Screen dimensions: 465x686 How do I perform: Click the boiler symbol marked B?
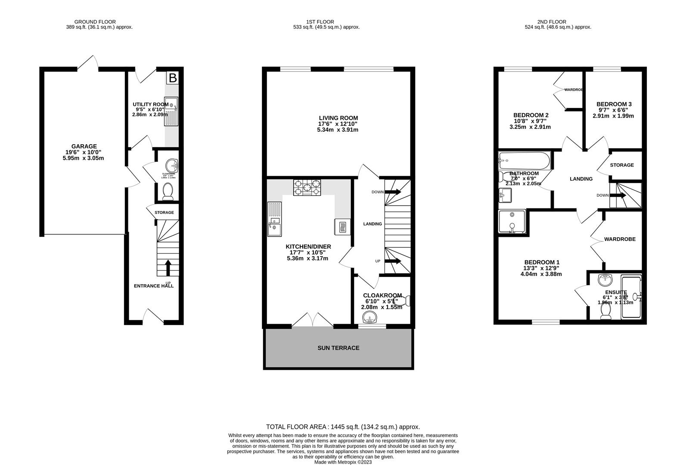tap(173, 78)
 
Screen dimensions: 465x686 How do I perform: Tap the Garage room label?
tap(84, 146)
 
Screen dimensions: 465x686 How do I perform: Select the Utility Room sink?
tap(171, 113)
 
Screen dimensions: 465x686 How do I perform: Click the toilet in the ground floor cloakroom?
tap(168, 191)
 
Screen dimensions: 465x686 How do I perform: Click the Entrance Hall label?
tap(154, 286)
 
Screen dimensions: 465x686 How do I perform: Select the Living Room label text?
tap(338, 118)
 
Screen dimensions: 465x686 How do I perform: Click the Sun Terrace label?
tap(338, 348)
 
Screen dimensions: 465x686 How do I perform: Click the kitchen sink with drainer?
tap(274, 220)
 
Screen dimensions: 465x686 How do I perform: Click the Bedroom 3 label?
tap(614, 104)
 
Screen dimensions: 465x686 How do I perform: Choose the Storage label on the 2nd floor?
tap(621, 165)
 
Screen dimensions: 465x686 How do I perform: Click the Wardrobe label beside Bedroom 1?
tap(619, 239)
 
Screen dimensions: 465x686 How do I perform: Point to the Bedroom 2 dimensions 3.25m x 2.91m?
tap(530, 127)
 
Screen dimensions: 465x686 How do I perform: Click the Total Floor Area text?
tap(343, 427)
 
